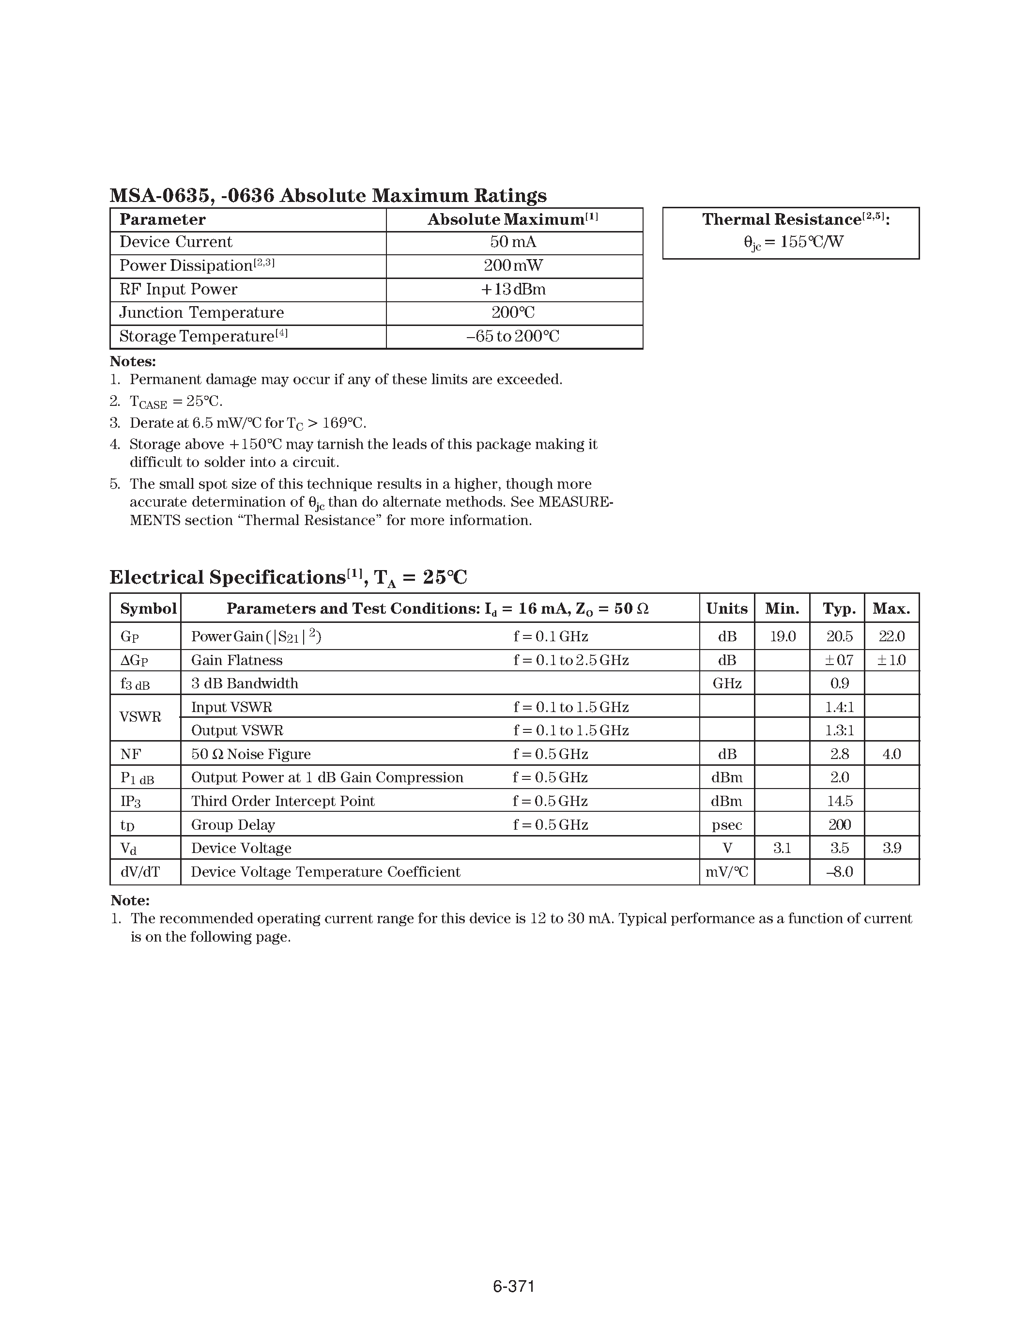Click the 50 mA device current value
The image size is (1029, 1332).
(513, 242)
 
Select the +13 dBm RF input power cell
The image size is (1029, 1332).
(513, 289)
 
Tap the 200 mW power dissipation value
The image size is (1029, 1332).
(513, 265)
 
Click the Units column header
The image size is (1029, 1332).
(727, 609)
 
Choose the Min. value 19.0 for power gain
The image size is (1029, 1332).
(782, 637)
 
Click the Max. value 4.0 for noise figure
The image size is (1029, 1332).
(891, 755)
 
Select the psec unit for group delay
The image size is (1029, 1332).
(727, 825)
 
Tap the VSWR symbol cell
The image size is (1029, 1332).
(141, 717)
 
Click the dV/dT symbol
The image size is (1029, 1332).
(140, 872)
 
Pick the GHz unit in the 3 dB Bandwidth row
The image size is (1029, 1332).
(727, 684)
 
